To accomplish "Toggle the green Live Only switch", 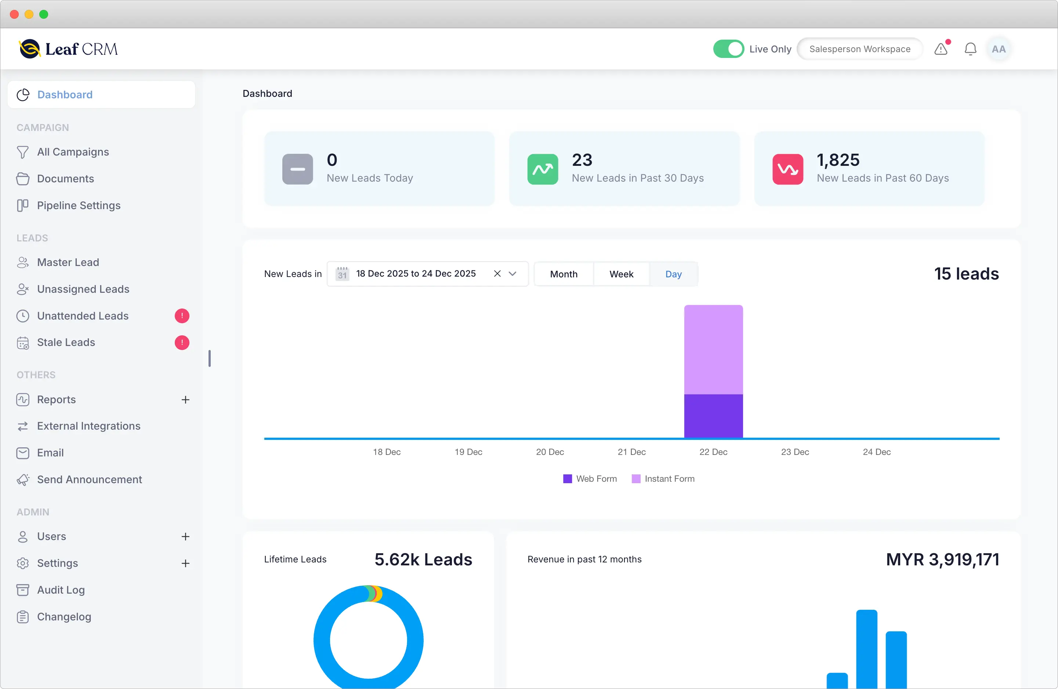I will point(728,49).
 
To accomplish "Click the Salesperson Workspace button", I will point(859,49).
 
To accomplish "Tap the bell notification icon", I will point(970,49).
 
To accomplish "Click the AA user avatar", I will point(999,49).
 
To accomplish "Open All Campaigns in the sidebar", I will point(73,152).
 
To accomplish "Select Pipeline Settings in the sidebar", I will point(79,205).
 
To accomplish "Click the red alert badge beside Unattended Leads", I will point(182,316).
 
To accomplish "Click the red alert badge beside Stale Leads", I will point(182,343).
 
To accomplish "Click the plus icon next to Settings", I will point(185,563).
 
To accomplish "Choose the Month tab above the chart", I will point(563,274).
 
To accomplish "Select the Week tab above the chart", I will point(621,274).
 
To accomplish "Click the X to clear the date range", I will point(497,274).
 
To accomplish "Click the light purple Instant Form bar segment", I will point(713,349).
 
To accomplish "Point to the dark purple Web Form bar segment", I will point(713,416).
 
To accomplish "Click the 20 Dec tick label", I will point(550,452).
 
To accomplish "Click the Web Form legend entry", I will point(590,479).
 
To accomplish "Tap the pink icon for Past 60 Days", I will point(787,169).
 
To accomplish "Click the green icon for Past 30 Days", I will point(542,169).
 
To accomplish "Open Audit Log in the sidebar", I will point(61,590).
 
